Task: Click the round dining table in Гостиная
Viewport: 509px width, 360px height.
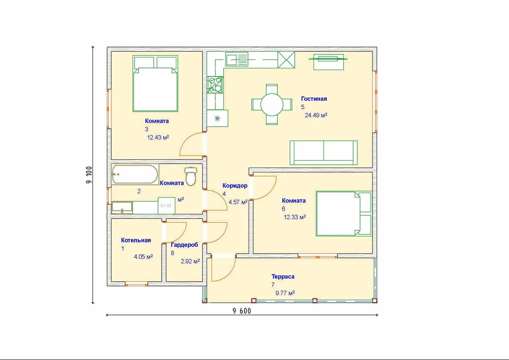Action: [x=272, y=105]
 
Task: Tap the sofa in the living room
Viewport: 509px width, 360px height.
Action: [x=323, y=153]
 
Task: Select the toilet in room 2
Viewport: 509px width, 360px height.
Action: [x=191, y=176]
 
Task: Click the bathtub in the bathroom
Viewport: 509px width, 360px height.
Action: [x=135, y=174]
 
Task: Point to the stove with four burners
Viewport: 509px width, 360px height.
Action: [x=215, y=85]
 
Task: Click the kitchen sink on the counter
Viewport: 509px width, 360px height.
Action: [x=237, y=59]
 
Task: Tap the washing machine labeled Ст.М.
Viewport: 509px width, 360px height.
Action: [x=166, y=206]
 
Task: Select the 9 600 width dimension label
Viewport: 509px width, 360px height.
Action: [x=242, y=311]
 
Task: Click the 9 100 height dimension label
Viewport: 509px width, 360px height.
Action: [x=89, y=175]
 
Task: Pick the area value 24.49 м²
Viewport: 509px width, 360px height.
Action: [x=316, y=115]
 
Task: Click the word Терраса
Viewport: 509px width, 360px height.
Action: [x=283, y=277]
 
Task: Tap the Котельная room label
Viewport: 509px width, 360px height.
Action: [x=136, y=240]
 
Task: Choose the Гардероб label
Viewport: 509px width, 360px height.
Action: [x=184, y=245]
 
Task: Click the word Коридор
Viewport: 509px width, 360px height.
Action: [x=235, y=186]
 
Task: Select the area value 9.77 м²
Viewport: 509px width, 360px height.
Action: [x=285, y=293]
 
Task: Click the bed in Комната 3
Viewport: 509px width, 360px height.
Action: [x=155, y=84]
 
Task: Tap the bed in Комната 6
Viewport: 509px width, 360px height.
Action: [x=344, y=214]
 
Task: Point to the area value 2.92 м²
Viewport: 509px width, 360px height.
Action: [x=190, y=261]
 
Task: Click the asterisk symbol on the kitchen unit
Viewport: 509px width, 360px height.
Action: [x=217, y=118]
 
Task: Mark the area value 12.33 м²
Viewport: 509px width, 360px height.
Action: [x=295, y=217]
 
